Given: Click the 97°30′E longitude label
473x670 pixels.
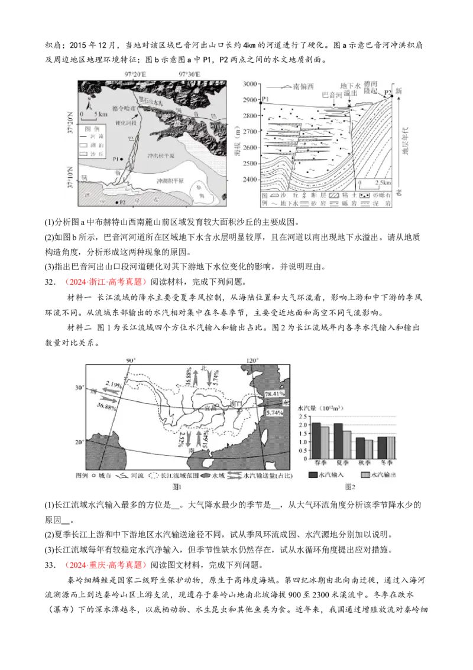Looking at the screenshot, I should point(189,74).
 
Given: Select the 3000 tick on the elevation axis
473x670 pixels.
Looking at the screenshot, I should point(251,84).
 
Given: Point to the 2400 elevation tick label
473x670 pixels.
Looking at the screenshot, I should point(251,179).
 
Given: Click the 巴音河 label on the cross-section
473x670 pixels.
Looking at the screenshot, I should point(331,95).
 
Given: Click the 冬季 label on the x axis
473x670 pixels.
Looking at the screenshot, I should point(385,464).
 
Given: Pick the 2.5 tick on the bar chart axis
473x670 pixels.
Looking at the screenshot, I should point(304,417).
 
